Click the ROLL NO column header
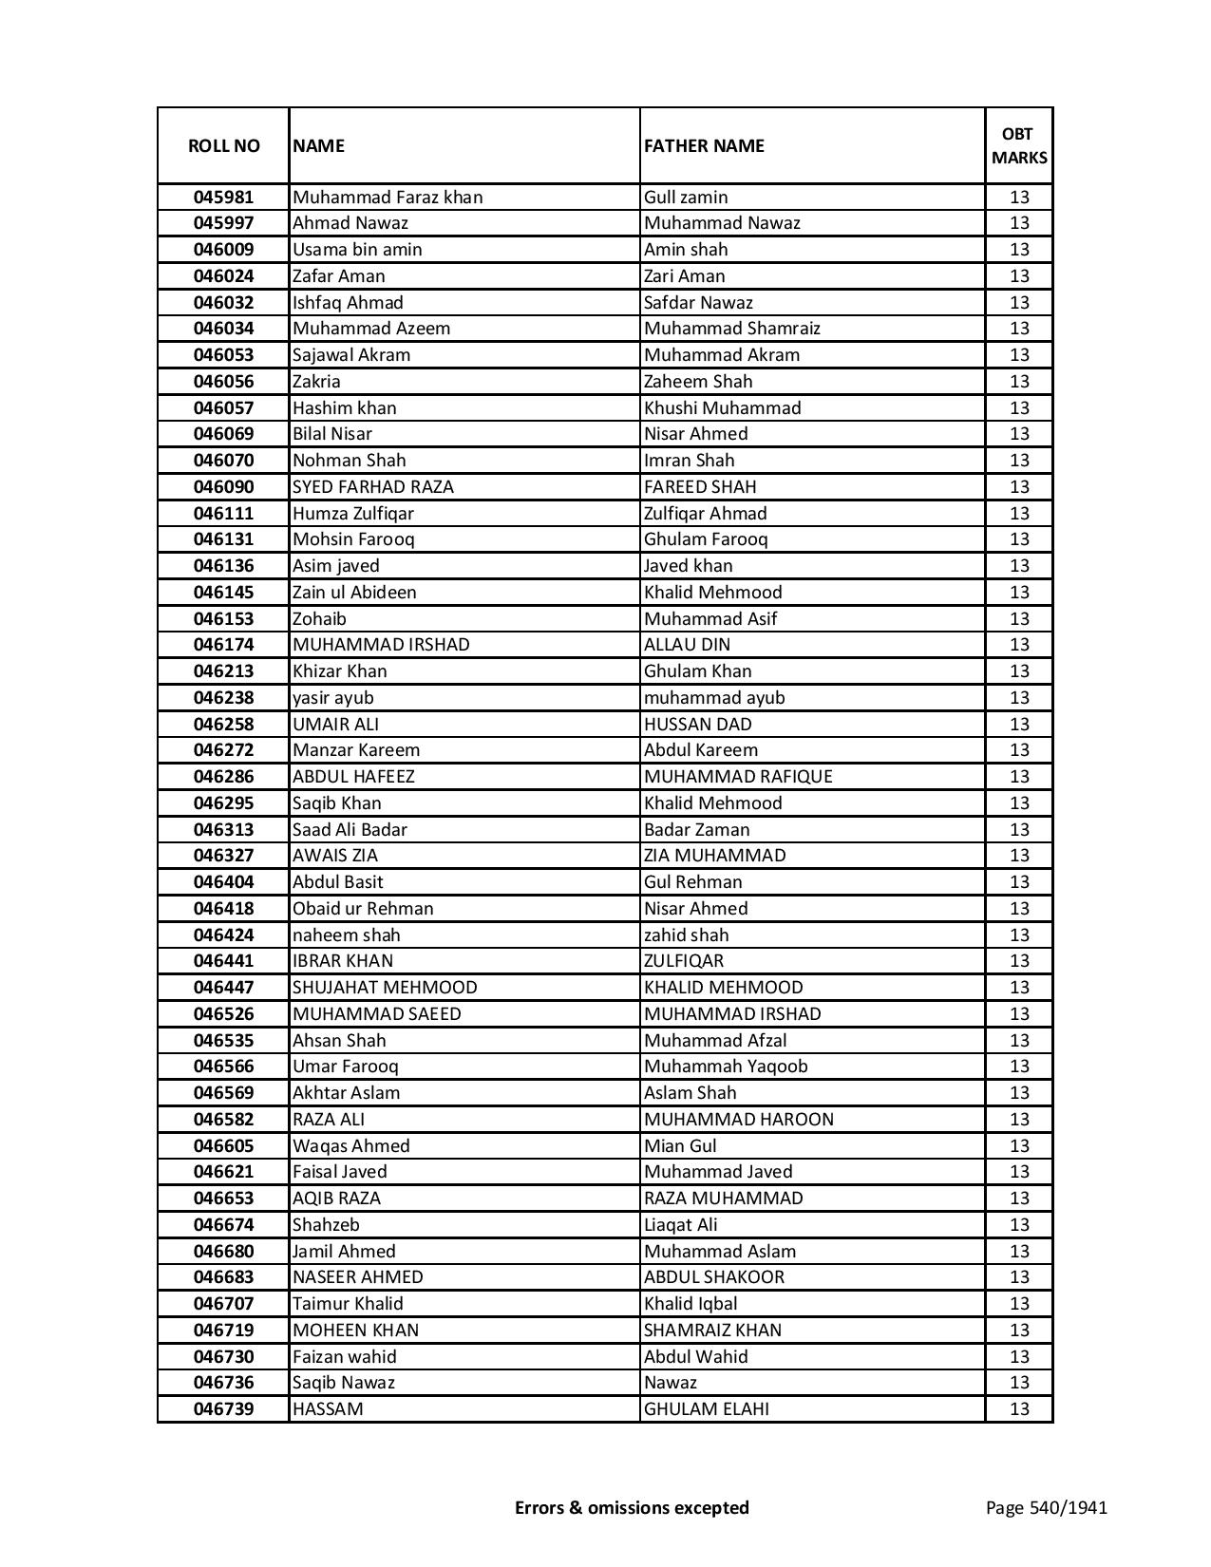point(223,145)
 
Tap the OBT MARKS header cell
point(1019,145)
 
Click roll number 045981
point(223,198)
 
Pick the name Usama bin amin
point(357,250)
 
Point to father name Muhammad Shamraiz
point(731,329)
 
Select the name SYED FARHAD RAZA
point(373,487)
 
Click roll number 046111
point(223,514)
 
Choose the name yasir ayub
point(333,698)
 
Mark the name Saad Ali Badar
point(350,829)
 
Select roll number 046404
point(223,882)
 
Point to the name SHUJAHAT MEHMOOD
point(385,988)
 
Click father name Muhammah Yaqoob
point(726,1067)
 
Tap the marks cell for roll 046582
point(1019,1119)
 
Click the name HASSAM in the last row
point(328,1409)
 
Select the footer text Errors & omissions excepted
point(632,1507)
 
